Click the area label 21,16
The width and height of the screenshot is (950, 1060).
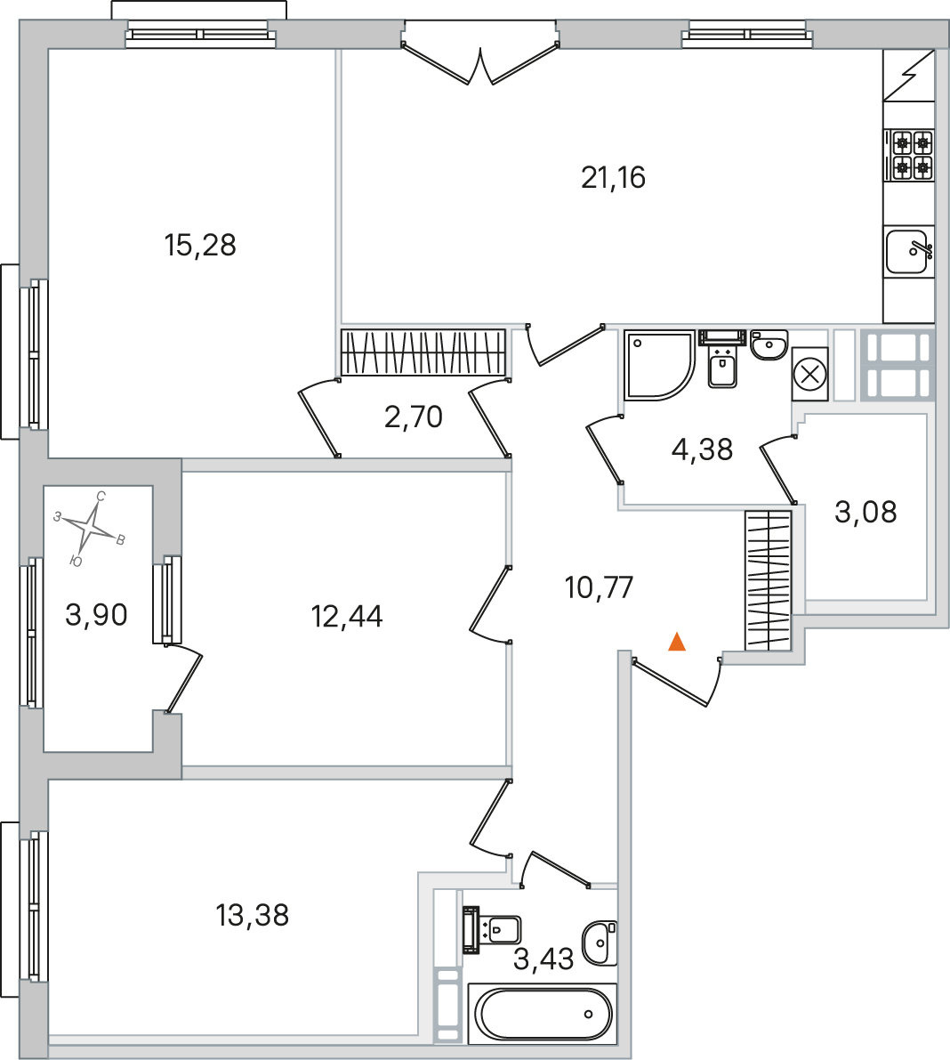click(x=614, y=178)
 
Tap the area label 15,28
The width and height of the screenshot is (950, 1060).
click(x=200, y=246)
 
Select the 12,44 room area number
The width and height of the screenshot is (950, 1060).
click(x=347, y=617)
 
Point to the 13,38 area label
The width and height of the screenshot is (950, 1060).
click(x=252, y=915)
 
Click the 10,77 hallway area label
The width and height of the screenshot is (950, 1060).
click(x=599, y=587)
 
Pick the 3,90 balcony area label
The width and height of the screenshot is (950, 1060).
click(x=96, y=615)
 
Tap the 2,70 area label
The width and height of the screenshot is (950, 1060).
click(x=414, y=417)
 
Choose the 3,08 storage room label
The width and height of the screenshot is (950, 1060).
click(x=865, y=513)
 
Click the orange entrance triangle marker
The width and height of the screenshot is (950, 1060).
click(x=677, y=642)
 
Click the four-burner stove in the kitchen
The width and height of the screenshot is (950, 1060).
click(x=909, y=155)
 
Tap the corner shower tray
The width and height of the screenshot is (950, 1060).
click(x=659, y=365)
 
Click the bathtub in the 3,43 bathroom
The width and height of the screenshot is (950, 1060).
click(x=543, y=1014)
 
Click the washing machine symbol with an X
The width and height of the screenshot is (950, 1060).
click(x=809, y=374)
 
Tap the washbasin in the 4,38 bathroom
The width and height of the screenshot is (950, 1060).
click(x=769, y=344)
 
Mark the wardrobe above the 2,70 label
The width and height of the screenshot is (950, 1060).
click(x=423, y=352)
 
